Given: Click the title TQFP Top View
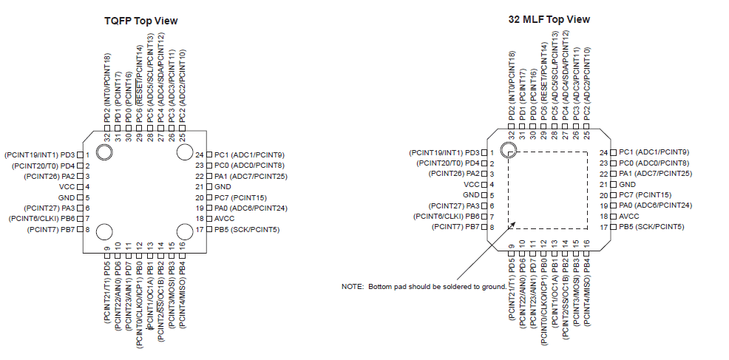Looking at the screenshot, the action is [141, 21].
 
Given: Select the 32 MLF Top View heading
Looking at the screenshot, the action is [549, 19].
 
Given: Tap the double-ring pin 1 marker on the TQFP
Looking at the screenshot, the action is [104, 152].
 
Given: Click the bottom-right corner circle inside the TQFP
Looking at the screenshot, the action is [184, 231].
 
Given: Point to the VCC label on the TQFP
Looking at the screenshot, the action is [67, 187].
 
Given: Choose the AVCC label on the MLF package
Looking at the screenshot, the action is [628, 217].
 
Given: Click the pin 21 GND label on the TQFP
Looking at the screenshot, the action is [223, 186].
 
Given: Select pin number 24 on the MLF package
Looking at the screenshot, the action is [603, 152].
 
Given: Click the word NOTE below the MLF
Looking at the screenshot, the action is [353, 287].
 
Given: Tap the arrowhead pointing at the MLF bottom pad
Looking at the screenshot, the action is [512, 225].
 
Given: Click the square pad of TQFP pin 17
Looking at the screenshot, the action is [209, 229].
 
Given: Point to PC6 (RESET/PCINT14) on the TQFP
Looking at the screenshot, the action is [139, 84].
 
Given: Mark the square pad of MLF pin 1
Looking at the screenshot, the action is [484, 152].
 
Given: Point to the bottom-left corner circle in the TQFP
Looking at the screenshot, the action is [104, 231].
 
